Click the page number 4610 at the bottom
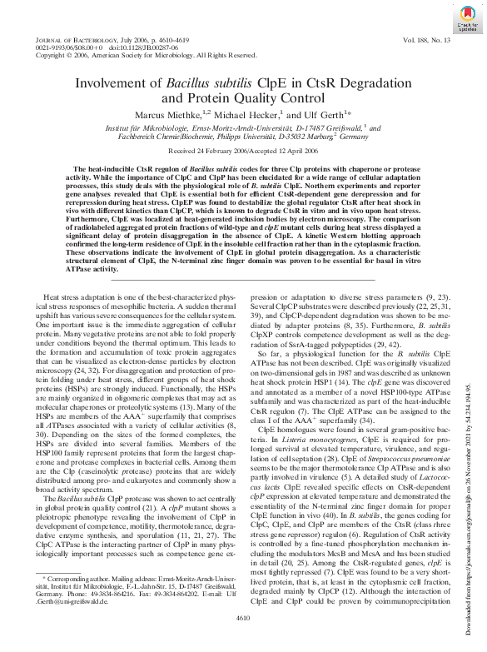pyautogui.click(x=243, y=640)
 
